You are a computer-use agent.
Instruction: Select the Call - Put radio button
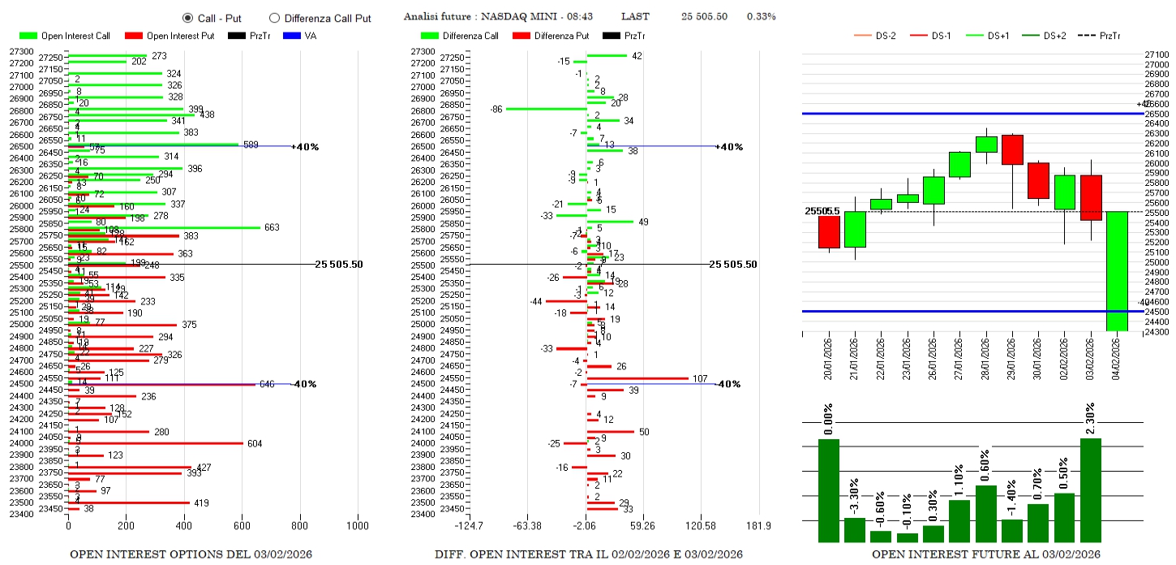coord(187,18)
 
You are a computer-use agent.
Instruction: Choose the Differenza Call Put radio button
coord(274,18)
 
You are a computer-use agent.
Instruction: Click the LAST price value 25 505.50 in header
coord(704,16)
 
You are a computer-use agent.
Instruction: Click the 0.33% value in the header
coord(761,16)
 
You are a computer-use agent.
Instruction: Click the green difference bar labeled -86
coord(546,109)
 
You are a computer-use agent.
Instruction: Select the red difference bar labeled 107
coord(637,378)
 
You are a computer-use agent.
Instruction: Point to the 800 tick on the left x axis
coord(300,526)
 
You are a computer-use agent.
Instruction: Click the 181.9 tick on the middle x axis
coord(758,526)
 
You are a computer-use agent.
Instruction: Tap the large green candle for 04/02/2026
coord(1117,271)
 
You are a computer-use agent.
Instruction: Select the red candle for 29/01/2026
coord(1012,149)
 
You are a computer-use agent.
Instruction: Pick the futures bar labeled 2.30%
coord(1091,490)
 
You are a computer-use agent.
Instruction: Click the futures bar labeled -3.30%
coord(855,529)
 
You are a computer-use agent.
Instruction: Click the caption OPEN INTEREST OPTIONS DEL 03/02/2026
coord(191,554)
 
